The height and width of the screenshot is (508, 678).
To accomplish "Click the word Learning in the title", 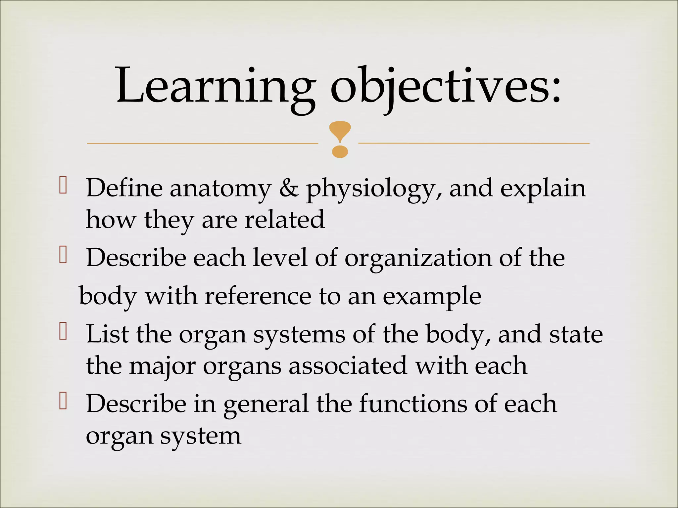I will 215,87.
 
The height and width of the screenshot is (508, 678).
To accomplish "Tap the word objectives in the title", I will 445,87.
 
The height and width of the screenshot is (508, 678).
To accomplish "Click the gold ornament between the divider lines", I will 340,139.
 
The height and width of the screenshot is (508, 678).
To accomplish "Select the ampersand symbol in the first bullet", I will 289,189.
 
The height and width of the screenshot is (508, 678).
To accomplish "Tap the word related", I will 285,220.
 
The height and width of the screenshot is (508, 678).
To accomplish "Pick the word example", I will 432,297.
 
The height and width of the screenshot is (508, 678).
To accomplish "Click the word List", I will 107,334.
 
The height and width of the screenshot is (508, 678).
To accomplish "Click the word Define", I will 124,188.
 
